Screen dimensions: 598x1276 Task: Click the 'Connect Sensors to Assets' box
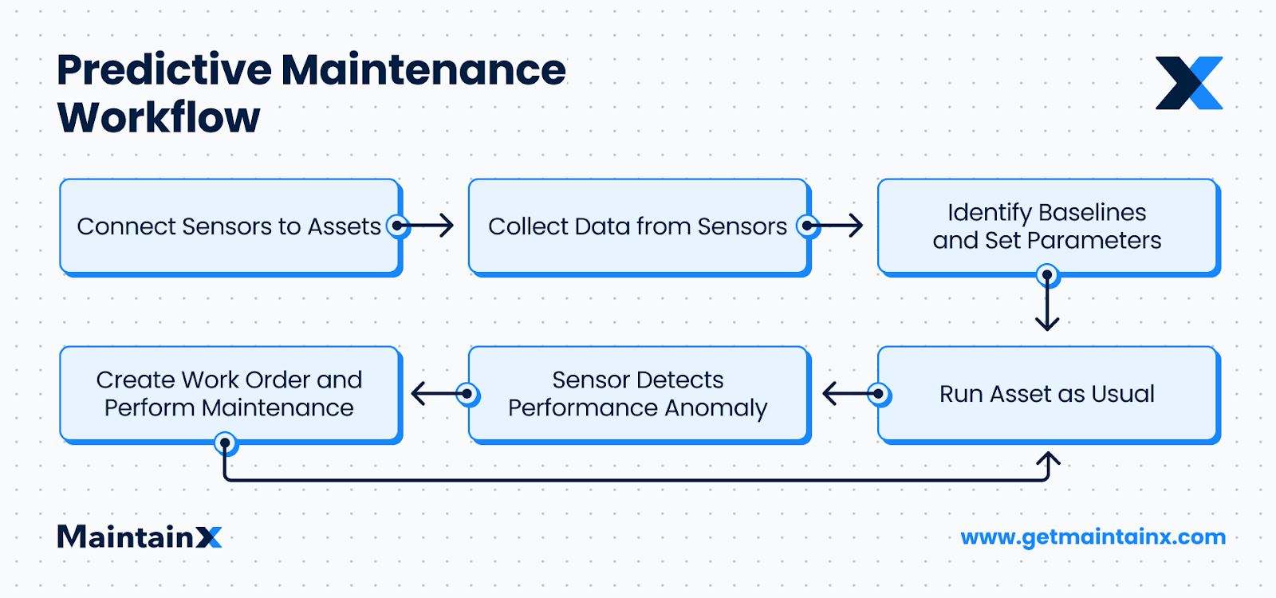(x=230, y=226)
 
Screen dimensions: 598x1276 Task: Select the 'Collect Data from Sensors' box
(x=638, y=226)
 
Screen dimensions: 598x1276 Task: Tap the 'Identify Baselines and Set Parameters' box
(x=1047, y=226)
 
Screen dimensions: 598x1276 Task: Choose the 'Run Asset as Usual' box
(x=1047, y=394)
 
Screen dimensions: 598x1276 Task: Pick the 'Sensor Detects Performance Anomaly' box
(x=638, y=394)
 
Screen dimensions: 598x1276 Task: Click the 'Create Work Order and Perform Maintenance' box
(x=230, y=394)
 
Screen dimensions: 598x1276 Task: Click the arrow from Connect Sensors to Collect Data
(x=431, y=226)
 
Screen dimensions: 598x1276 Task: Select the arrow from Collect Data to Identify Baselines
(x=839, y=226)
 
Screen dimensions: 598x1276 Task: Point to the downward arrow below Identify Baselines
(x=1047, y=307)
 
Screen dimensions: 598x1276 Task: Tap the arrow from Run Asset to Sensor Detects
(x=847, y=394)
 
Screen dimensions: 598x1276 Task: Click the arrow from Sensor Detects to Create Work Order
(x=437, y=394)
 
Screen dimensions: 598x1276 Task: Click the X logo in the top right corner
(x=1189, y=83)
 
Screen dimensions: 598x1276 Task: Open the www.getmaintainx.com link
(x=1093, y=537)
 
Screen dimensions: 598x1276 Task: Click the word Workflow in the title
(x=159, y=118)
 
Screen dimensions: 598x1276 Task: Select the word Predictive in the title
(x=164, y=70)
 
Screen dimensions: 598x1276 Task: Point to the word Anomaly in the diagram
(x=715, y=408)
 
